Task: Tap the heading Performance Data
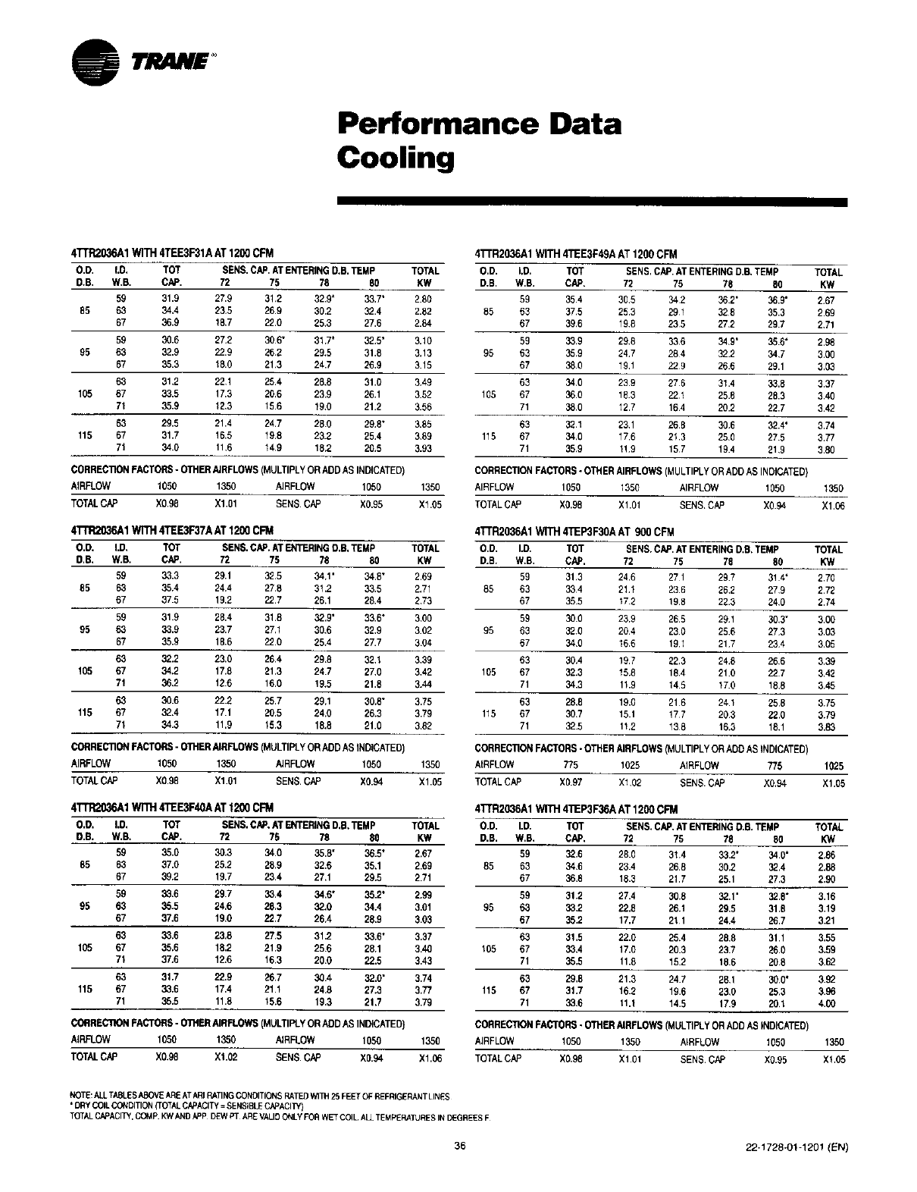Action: (479, 123)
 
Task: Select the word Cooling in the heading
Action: (396, 158)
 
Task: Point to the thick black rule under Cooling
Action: (591, 202)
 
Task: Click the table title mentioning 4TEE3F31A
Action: (172, 253)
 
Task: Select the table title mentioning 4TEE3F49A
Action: (576, 254)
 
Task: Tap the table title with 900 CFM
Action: (574, 532)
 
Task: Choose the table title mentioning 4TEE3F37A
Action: (172, 530)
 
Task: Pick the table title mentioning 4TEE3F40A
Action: (172, 807)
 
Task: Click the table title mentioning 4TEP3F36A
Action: (576, 809)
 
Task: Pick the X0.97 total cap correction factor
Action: (571, 783)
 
